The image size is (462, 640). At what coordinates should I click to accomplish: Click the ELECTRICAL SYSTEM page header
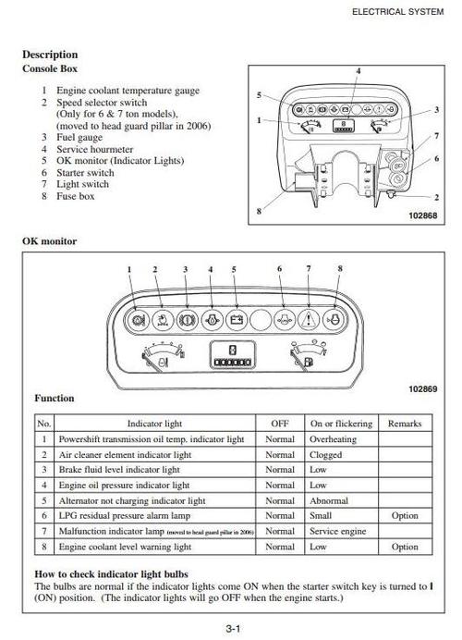[397, 12]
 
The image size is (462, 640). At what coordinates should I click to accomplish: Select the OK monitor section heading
[49, 241]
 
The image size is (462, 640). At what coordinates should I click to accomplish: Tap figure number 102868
[422, 215]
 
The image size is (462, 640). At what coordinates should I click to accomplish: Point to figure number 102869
[422, 389]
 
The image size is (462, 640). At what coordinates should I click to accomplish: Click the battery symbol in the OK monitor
[237, 320]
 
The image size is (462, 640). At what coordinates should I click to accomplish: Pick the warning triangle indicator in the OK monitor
[309, 320]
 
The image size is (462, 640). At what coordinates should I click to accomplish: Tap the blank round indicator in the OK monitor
[261, 320]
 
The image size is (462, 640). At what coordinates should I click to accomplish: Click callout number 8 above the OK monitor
[340, 269]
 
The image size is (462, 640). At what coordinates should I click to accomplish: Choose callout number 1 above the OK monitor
[129, 269]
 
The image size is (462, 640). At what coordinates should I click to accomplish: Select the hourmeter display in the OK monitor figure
[233, 355]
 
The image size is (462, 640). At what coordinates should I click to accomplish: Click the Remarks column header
[405, 424]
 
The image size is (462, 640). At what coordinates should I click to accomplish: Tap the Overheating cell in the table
[333, 439]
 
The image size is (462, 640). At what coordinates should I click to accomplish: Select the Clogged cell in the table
[325, 455]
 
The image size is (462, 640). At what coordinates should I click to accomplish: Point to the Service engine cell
[337, 532]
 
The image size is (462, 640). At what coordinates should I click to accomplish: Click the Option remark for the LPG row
[405, 516]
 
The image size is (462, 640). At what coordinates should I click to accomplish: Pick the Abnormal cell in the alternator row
[329, 501]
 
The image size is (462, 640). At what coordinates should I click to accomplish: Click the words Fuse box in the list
[76, 196]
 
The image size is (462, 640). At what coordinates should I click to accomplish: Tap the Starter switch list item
[85, 173]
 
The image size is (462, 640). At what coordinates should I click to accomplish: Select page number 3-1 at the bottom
[233, 629]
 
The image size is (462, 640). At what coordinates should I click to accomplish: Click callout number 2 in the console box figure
[436, 198]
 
